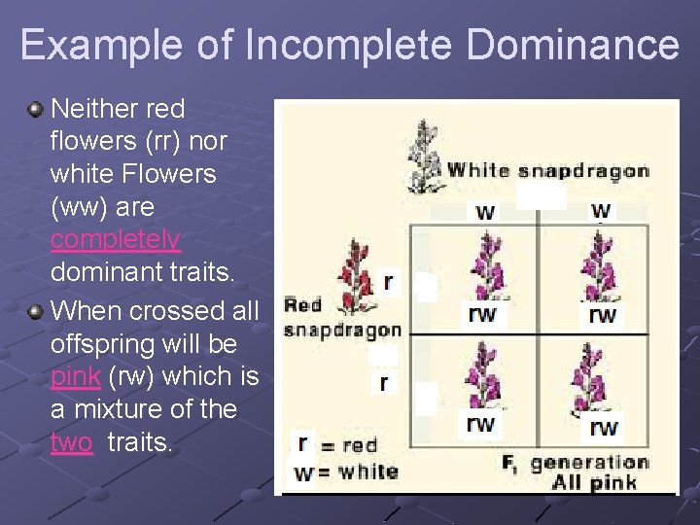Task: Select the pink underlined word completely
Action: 116,239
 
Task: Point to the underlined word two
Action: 71,442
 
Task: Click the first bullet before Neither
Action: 36,108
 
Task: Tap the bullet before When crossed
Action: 36,311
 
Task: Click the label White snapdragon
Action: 547,171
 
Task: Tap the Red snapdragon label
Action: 340,317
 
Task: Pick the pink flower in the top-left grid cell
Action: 483,262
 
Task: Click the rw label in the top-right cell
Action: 602,315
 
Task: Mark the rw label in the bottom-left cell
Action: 481,424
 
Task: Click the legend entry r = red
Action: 335,445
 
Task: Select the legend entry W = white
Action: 345,472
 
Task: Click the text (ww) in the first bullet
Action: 78,207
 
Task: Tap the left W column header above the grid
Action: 484,212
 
